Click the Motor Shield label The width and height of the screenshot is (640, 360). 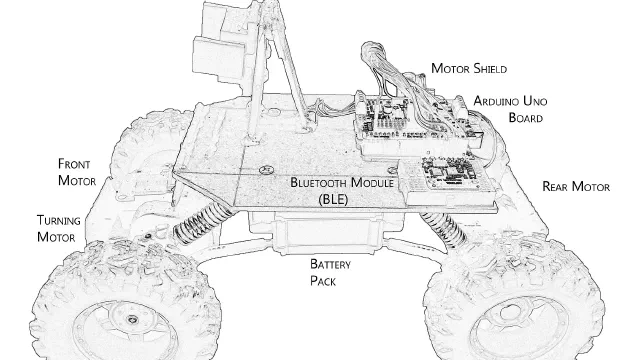coord(469,68)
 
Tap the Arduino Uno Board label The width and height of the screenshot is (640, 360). coord(510,109)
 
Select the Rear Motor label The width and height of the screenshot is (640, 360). coord(576,187)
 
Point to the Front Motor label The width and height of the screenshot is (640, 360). coord(77,172)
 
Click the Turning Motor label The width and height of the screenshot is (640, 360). coord(58,229)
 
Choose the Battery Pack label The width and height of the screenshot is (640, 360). coord(330,272)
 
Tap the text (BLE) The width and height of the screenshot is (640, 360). coord(333,200)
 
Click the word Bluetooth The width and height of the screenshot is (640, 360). coord(319,182)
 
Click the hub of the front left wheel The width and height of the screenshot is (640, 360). coord(131,319)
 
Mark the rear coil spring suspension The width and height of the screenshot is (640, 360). coord(445,229)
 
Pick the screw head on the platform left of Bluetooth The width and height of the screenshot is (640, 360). coord(266,170)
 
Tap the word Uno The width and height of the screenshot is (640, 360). coord(535,101)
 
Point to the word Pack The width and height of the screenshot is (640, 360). coord(323,281)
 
